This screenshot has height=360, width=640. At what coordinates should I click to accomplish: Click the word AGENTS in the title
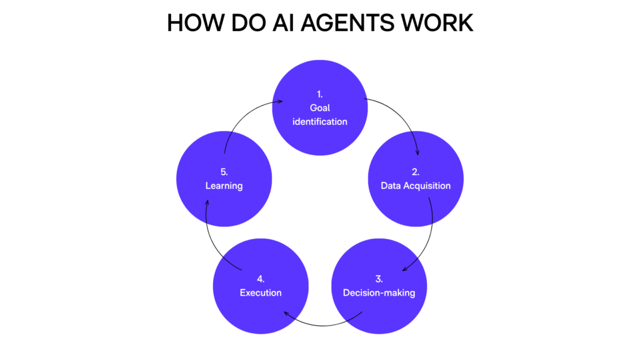(347, 23)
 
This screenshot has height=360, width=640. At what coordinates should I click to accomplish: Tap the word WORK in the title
(437, 23)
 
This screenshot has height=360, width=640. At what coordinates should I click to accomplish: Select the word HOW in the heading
(196, 23)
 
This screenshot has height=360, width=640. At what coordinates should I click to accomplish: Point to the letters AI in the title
(284, 23)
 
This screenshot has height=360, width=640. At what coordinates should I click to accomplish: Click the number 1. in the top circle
(320, 94)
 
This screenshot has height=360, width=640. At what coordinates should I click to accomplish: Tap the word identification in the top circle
(320, 122)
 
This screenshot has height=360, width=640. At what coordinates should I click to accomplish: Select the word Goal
(320, 107)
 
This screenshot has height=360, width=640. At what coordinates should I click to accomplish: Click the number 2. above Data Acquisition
(416, 172)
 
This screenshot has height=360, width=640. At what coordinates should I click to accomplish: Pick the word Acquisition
(427, 186)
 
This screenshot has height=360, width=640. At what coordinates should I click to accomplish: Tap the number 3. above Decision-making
(379, 279)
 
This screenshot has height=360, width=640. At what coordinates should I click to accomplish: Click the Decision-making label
(379, 293)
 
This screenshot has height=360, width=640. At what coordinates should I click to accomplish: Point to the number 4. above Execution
(261, 279)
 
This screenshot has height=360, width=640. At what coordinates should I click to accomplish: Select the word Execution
(261, 292)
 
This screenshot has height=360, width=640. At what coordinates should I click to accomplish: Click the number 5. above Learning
(224, 172)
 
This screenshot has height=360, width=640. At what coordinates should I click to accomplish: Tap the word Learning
(224, 186)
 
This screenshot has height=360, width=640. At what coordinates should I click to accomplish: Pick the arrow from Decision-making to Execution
(322, 326)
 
